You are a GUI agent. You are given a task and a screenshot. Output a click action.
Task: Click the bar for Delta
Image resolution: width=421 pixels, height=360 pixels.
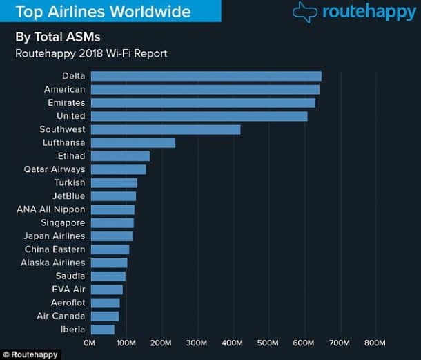pos(206,76)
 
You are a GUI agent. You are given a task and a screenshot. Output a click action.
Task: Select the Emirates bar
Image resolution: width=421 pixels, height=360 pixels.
pos(203,103)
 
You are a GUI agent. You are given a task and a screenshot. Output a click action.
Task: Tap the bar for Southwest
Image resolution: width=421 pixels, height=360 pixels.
pos(166,129)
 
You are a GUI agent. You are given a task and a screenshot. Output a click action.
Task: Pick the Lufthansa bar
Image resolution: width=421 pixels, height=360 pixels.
pos(133,143)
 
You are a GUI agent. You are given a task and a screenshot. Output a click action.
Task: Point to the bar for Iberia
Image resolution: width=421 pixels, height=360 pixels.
pos(103,330)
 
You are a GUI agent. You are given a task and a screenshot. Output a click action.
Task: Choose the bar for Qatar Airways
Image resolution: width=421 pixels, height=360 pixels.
pos(118,169)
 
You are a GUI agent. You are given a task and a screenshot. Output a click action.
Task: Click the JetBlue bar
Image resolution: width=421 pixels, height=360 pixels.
pos(113,196)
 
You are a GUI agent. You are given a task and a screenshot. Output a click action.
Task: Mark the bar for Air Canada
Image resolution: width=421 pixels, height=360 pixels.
pos(105,316)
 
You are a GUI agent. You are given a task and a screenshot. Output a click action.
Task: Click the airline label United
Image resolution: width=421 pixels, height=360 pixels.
pos(71,116)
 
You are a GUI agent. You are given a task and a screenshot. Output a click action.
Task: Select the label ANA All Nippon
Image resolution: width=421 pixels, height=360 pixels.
pos(51,209)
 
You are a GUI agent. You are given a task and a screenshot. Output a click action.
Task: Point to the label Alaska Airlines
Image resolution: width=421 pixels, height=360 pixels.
pos(53,263)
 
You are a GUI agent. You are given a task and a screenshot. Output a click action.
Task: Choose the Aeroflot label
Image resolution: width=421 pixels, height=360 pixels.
pos(68,303)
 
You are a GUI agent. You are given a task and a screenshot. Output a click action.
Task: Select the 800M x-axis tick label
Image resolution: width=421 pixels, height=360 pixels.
pos(374,343)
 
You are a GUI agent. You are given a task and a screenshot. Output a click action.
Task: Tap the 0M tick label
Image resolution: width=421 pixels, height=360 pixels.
pos(90,343)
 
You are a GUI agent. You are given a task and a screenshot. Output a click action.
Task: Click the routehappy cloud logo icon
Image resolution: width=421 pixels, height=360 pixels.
pos(304,12)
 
